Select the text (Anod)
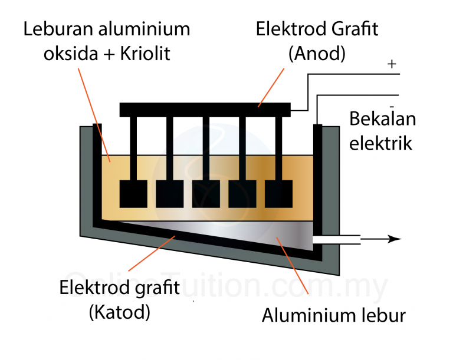click(x=316, y=54)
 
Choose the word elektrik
click(x=380, y=143)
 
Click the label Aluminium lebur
click(x=333, y=316)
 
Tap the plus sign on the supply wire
click(x=392, y=64)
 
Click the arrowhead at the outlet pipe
click(x=395, y=239)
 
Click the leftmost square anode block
click(x=133, y=194)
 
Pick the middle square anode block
click(x=206, y=194)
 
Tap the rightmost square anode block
click(x=279, y=194)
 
